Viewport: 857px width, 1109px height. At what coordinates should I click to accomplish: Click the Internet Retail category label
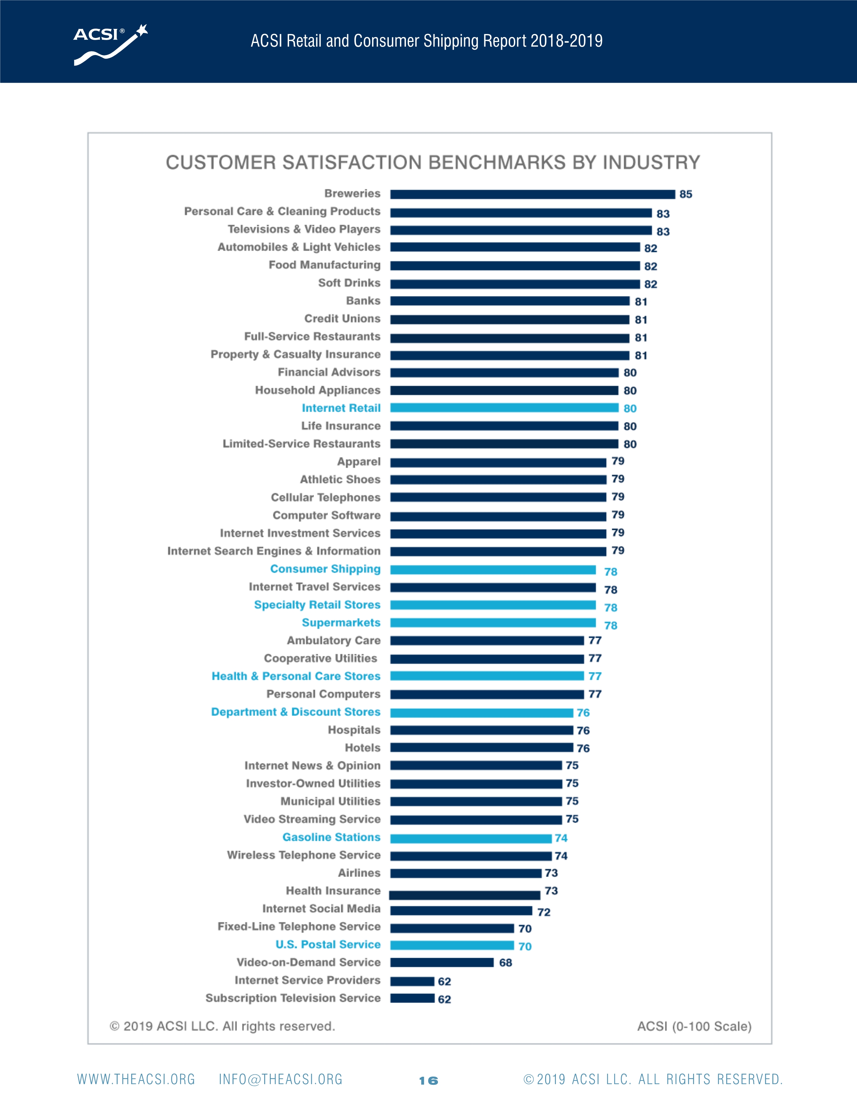pyautogui.click(x=341, y=408)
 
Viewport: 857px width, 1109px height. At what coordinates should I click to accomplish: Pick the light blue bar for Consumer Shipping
pyautogui.click(x=492, y=570)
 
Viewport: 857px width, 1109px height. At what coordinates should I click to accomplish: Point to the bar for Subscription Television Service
pyautogui.click(x=412, y=998)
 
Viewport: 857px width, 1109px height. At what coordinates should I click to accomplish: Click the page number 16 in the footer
pyautogui.click(x=428, y=1080)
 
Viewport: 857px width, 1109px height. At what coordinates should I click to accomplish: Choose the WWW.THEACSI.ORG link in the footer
pyautogui.click(x=136, y=1079)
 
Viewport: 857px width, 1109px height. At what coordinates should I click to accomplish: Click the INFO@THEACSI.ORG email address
pyautogui.click(x=280, y=1079)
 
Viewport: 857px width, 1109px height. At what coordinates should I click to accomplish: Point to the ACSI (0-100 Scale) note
pyautogui.click(x=694, y=1026)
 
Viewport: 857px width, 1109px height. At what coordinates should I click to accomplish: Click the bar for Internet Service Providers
pyautogui.click(x=412, y=981)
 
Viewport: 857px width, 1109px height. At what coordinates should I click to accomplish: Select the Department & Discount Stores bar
pyautogui.click(x=481, y=713)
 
